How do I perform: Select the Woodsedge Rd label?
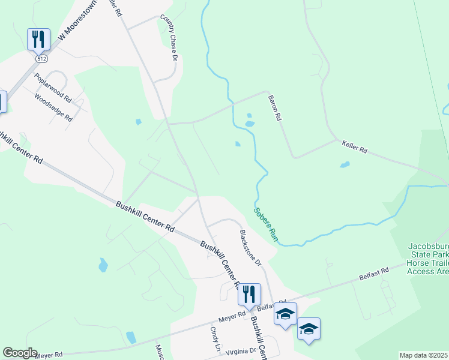tap(53, 107)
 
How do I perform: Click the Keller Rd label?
tap(354, 147)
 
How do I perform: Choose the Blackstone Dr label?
tap(251, 247)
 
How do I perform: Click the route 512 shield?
tap(41, 59)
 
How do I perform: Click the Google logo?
tap(19, 353)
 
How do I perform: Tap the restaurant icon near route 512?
tap(38, 40)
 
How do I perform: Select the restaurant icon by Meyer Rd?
tap(249, 294)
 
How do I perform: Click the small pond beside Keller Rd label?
tap(345, 164)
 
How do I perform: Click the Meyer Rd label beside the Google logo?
tap(49, 355)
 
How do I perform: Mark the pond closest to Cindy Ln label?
tap(131, 337)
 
